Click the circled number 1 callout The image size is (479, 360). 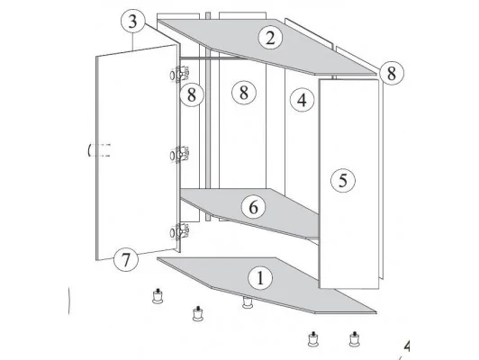coord(260,278)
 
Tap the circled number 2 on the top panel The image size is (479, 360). coord(270,38)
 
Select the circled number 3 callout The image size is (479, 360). coord(133,22)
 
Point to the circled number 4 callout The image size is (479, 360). coord(303,100)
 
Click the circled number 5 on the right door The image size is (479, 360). coord(343,180)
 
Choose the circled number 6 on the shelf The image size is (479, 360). coord(254,207)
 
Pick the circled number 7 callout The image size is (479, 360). coord(126,259)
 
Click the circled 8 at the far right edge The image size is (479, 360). coord(392,73)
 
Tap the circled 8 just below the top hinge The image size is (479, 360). coord(192,94)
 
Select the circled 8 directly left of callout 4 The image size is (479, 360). coord(244,92)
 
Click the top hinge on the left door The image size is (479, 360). coord(180,74)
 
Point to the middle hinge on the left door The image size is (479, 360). coord(180,155)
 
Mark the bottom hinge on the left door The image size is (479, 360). coord(180,232)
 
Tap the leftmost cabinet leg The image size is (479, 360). coord(158,296)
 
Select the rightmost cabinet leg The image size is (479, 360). coord(355,339)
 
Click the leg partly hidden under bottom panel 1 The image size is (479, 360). coord(247,302)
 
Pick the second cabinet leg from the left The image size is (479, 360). coord(198,313)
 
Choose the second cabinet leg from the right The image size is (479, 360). coord(313,339)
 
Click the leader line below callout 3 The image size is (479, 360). coord(133,41)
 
